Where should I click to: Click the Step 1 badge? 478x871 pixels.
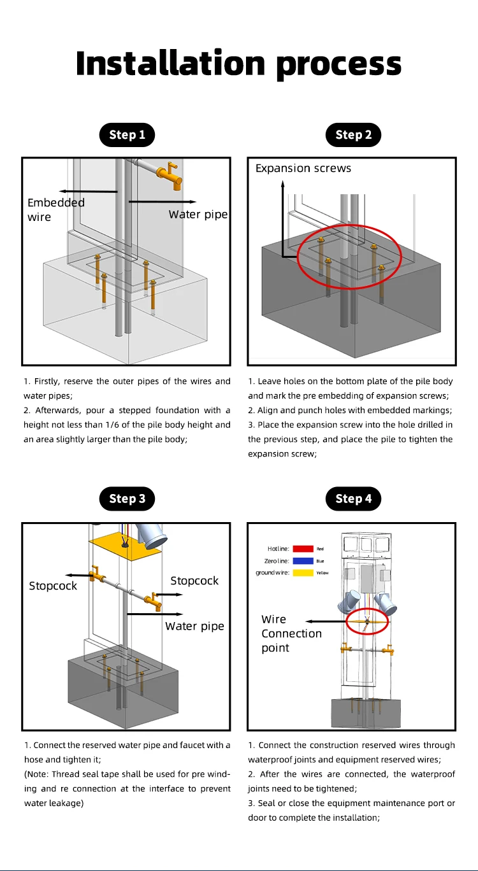[x=127, y=134]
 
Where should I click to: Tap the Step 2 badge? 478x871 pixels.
[x=353, y=134]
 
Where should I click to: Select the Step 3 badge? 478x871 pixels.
[x=127, y=499]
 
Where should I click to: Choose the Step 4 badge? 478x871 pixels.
[x=353, y=499]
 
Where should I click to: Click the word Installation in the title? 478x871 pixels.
[x=170, y=63]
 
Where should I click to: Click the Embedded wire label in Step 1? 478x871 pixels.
[x=55, y=209]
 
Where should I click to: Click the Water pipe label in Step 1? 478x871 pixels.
[x=198, y=215]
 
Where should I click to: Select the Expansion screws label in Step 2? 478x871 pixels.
[x=303, y=168]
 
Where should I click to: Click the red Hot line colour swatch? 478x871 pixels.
[x=303, y=548]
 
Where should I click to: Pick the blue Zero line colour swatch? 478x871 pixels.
[x=303, y=561]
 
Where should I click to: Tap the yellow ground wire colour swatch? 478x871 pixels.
[x=303, y=573]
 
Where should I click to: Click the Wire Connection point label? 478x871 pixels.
[x=291, y=634]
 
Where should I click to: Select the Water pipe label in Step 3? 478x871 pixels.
[x=194, y=626]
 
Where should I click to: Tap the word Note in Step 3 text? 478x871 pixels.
[x=38, y=774]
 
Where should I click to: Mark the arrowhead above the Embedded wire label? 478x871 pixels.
[x=60, y=191]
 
